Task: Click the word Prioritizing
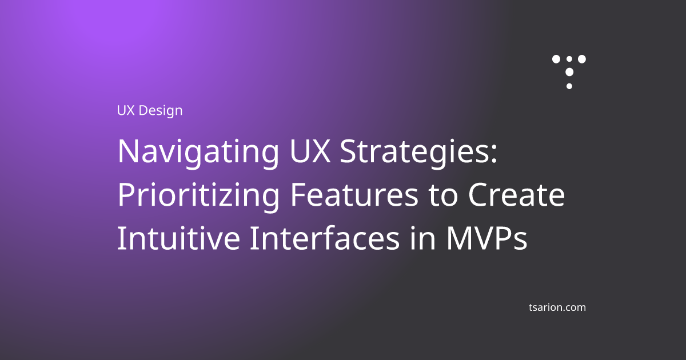click(198, 197)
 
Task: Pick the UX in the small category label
click(125, 110)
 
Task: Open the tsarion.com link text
click(557, 307)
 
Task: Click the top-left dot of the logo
click(556, 59)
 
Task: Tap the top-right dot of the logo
click(582, 59)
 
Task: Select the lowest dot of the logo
click(569, 86)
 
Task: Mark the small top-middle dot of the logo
click(569, 59)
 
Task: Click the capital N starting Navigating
click(128, 152)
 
